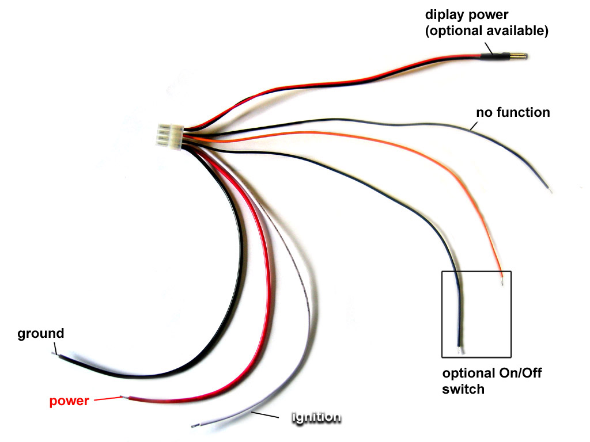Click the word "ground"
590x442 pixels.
40,334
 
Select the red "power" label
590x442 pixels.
69,401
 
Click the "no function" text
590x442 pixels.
513,112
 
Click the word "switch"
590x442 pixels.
463,389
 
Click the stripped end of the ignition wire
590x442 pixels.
194,425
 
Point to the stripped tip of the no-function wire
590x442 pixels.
551,190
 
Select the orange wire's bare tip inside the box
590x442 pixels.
503,281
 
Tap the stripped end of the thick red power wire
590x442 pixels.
123,397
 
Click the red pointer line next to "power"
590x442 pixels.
107,398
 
